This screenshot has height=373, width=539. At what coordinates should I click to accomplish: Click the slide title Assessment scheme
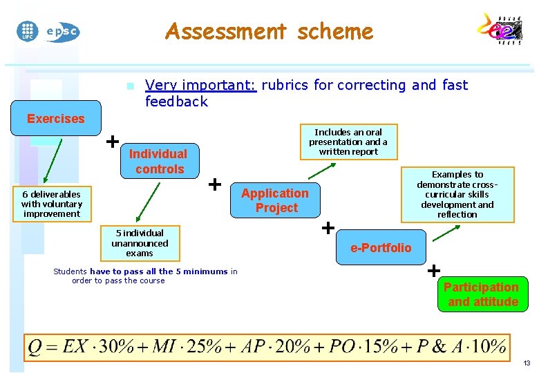269,32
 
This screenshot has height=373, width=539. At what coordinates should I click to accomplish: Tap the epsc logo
62,31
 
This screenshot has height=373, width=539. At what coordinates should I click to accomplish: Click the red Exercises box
56,119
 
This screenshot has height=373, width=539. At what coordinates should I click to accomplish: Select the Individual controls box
158,161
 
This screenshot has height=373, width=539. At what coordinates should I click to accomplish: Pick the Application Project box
276,200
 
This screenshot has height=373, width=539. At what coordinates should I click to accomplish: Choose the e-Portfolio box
381,247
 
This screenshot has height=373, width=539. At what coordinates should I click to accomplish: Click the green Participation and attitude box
482,294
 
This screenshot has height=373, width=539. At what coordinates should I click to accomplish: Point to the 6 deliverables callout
52,204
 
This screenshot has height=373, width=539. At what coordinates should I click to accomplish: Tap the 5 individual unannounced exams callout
140,243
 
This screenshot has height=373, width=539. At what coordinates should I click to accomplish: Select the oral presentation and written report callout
348,142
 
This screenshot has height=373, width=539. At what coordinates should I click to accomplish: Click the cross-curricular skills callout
457,194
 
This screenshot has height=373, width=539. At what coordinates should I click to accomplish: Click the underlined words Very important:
200,85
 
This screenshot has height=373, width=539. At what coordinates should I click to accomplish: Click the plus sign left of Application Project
215,184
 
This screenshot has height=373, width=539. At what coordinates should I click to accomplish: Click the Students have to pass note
145,276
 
